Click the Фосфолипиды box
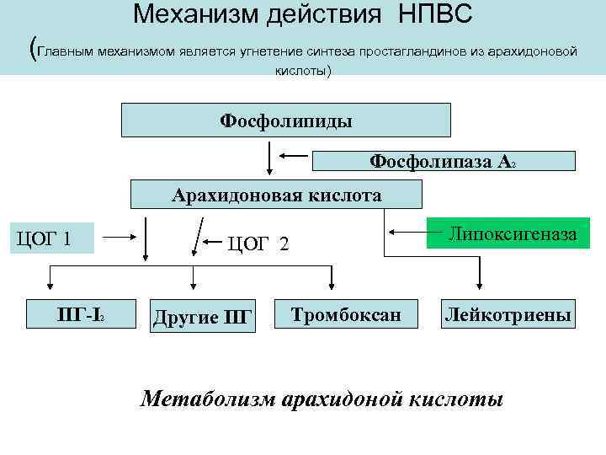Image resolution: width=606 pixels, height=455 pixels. [x=286, y=120]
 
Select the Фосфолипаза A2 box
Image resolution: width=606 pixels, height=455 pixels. [x=444, y=161]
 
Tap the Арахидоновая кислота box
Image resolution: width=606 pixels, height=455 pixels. [x=276, y=195]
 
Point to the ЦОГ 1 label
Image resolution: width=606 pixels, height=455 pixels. [x=50, y=239]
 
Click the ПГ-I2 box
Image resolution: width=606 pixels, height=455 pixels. [x=79, y=315]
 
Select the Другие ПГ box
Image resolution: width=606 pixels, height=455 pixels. [x=202, y=317]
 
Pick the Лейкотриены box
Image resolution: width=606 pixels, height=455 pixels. [x=510, y=315]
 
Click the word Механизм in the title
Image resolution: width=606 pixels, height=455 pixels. [x=196, y=14]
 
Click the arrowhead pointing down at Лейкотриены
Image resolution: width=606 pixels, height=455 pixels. [x=479, y=286]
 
